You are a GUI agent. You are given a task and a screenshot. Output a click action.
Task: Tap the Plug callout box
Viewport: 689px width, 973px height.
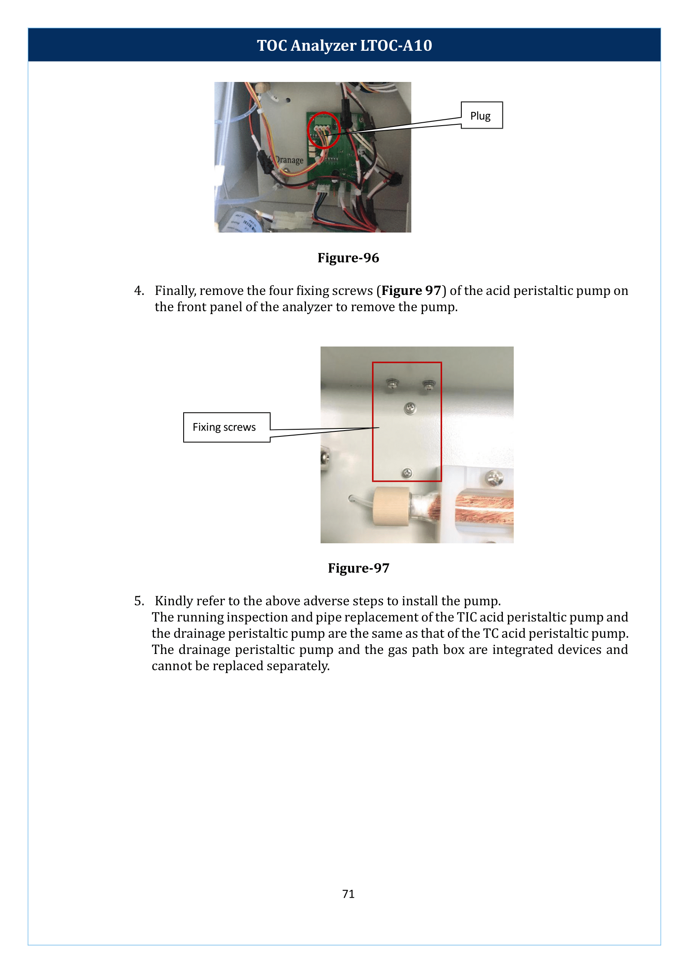[481, 115]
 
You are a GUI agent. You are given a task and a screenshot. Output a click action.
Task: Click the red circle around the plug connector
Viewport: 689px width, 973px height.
[323, 130]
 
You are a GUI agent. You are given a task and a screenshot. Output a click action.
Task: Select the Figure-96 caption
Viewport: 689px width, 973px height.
[348, 258]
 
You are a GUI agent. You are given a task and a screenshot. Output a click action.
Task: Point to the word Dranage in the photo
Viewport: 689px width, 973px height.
[289, 160]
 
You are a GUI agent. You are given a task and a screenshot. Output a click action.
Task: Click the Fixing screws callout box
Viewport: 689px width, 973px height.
[226, 427]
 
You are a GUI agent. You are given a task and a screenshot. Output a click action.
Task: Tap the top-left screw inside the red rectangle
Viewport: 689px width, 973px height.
[393, 384]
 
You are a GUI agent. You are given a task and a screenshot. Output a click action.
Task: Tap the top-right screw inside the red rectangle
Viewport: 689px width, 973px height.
[429, 385]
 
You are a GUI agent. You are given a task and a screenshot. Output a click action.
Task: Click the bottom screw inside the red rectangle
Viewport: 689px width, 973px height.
[407, 473]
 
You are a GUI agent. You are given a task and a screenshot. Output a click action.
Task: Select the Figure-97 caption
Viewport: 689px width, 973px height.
[358, 568]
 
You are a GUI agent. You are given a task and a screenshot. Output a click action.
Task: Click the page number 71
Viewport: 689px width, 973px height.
[348, 894]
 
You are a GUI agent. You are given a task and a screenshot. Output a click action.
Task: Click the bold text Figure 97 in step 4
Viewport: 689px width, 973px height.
[411, 291]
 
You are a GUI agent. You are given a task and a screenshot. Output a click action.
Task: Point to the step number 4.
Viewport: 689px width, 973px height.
[138, 291]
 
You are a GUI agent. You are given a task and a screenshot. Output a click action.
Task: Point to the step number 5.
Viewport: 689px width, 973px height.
[138, 601]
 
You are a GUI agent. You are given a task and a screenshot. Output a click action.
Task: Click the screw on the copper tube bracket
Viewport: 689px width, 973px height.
[494, 479]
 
